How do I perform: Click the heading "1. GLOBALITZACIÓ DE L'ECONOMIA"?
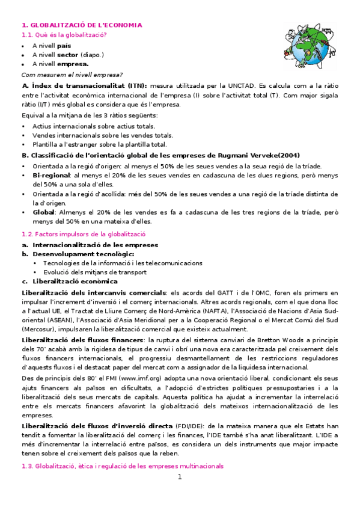[82, 25]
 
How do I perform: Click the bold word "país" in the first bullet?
[64, 46]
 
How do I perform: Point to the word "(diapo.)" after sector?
[93, 55]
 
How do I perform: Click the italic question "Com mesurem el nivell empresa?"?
[72, 75]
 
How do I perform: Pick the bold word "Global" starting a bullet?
[43, 212]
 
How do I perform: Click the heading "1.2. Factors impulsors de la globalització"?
[84, 234]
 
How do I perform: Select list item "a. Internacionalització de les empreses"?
[90, 245]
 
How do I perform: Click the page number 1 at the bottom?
[179, 478]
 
